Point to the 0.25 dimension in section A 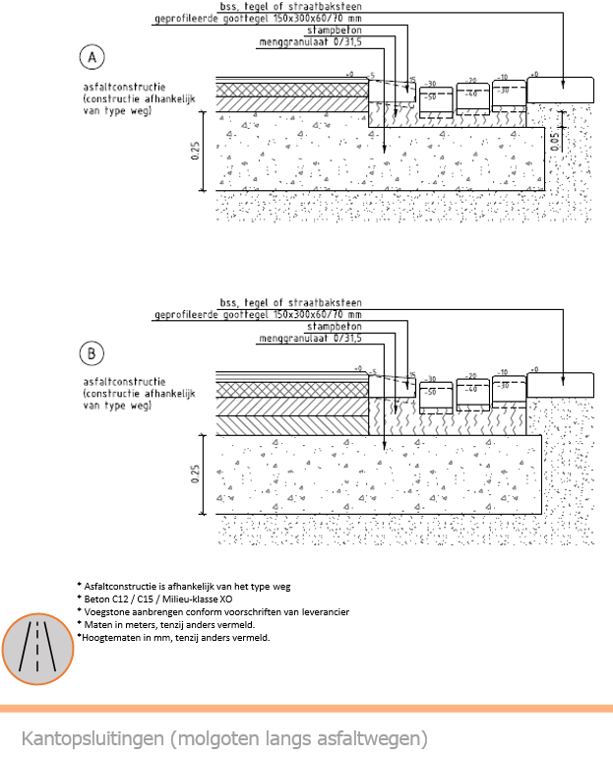pyautogui.click(x=195, y=150)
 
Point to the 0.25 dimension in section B pyautogui.click(x=195, y=473)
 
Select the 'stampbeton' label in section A pyautogui.click(x=334, y=32)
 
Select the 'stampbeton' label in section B pyautogui.click(x=334, y=326)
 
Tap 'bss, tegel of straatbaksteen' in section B pyautogui.click(x=290, y=302)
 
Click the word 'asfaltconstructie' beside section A pyautogui.click(x=124, y=88)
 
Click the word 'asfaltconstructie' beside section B pyautogui.click(x=124, y=382)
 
